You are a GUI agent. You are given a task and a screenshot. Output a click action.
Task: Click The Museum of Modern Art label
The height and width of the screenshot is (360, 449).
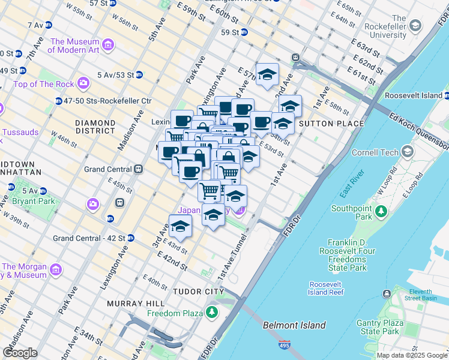[x=73, y=46]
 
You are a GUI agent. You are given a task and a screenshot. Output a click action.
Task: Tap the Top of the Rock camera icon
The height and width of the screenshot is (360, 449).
[x=83, y=82]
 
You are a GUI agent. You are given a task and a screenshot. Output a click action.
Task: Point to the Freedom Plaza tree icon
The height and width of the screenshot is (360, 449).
[x=211, y=313]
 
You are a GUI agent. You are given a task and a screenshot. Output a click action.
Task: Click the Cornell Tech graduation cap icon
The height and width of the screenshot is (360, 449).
[x=408, y=152]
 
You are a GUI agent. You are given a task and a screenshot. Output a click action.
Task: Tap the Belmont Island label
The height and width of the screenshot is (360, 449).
[x=294, y=325]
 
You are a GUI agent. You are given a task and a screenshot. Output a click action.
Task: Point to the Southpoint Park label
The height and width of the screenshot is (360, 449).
[x=356, y=213]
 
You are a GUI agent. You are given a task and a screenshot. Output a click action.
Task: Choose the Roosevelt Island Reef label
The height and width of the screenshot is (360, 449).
[x=326, y=288]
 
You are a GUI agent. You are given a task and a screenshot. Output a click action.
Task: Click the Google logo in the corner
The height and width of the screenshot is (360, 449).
[x=20, y=353]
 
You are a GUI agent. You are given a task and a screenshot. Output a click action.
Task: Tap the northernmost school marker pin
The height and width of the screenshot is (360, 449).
[x=267, y=74]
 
